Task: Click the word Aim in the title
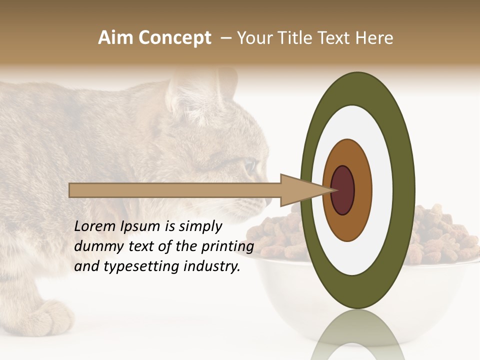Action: (115, 38)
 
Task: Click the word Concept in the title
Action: (174, 38)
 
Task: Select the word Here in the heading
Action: (374, 38)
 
